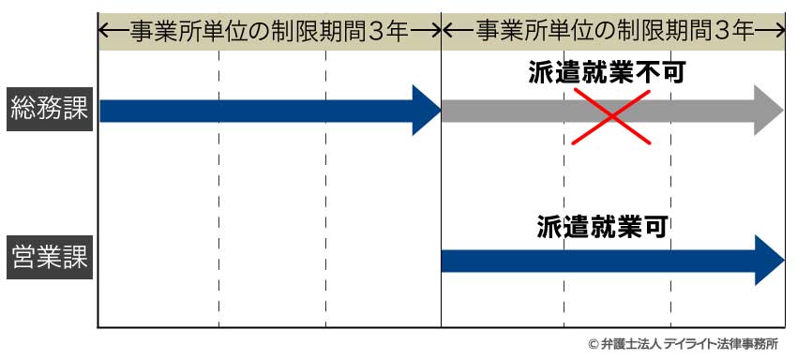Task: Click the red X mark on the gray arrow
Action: click(610, 115)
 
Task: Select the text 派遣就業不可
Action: click(607, 74)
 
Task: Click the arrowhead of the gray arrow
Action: click(767, 111)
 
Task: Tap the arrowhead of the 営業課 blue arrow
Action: click(769, 261)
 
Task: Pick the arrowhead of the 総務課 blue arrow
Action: click(427, 111)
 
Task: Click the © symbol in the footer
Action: click(593, 345)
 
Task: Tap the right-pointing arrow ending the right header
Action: click(771, 31)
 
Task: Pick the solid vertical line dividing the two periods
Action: click(441, 187)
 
